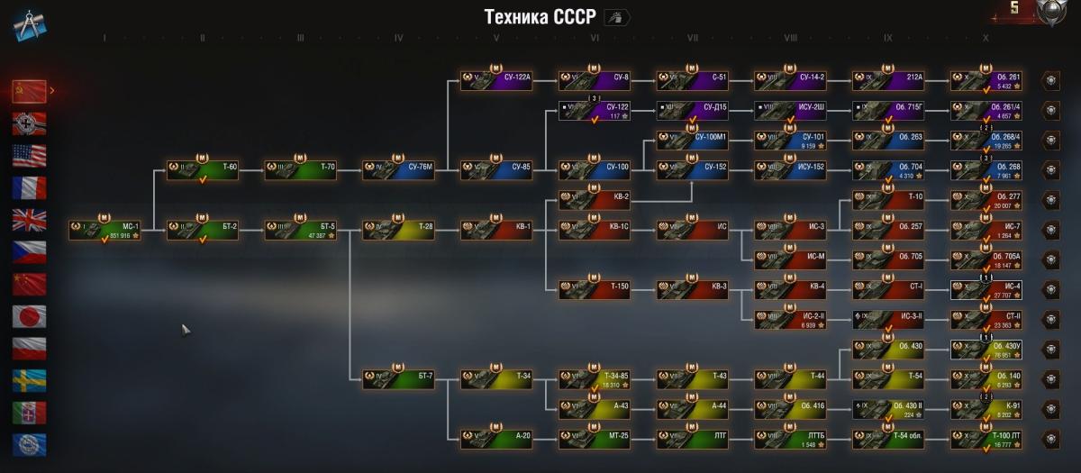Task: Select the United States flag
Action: coord(30,156)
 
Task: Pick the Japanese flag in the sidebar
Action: coord(30,316)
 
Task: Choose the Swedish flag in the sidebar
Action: coord(30,380)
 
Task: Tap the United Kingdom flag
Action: coord(30,220)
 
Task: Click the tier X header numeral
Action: coord(986,39)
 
